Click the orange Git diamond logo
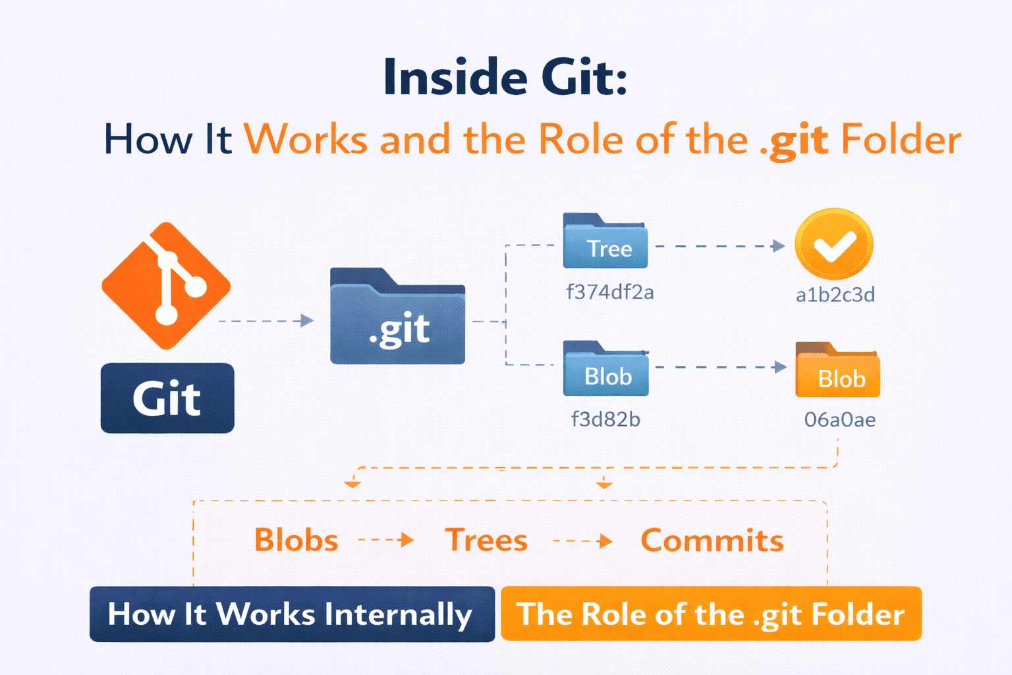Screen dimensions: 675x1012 point(166,285)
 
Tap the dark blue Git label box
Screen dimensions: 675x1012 point(167,398)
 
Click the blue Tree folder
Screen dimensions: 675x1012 point(605,242)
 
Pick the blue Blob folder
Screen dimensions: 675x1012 point(605,370)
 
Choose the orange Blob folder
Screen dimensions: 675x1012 point(837,371)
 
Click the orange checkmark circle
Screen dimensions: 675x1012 point(834,244)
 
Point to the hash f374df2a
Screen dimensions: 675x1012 point(610,292)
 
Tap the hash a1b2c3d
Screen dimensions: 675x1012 point(835,295)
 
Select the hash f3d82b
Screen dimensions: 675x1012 point(605,419)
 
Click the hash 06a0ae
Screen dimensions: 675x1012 point(840,420)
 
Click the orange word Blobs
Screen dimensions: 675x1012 point(296,541)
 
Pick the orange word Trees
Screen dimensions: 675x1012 point(486,541)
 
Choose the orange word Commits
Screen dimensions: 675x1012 point(712,541)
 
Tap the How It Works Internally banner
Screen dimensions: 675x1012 point(292,614)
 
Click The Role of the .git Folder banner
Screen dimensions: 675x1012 point(711,614)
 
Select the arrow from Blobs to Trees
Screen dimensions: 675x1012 point(387,541)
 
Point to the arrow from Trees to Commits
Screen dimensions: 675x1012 point(583,542)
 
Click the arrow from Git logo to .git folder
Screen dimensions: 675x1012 point(266,321)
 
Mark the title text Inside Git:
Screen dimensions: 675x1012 point(505,78)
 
